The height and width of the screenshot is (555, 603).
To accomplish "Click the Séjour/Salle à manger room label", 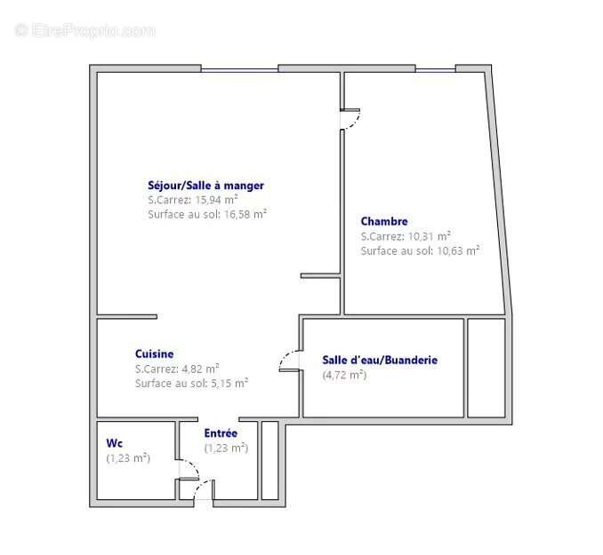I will (205, 186).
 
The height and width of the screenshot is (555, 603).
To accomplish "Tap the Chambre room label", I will (384, 221).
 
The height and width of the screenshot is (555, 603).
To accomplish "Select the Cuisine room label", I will (155, 353).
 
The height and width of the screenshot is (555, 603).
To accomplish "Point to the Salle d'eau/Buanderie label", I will (380, 360).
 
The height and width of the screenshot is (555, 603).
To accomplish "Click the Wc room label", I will (114, 442).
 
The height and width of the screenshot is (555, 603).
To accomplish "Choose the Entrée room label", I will (221, 432).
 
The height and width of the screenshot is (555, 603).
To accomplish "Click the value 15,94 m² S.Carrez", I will (217, 200).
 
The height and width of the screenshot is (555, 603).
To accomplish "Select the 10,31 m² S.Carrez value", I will (430, 236).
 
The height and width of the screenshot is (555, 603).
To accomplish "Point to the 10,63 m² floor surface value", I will (457, 250).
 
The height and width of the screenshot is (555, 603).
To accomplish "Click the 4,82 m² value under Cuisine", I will (201, 369).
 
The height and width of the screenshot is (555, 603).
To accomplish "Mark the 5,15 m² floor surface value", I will (229, 383).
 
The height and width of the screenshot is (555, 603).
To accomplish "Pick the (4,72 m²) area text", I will (344, 375).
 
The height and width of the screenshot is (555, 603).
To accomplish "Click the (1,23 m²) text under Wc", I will (128, 458).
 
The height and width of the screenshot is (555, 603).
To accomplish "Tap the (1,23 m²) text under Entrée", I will (226, 448).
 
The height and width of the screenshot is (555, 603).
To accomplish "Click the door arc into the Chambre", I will (351, 122).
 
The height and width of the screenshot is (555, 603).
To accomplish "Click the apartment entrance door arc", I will (205, 489).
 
